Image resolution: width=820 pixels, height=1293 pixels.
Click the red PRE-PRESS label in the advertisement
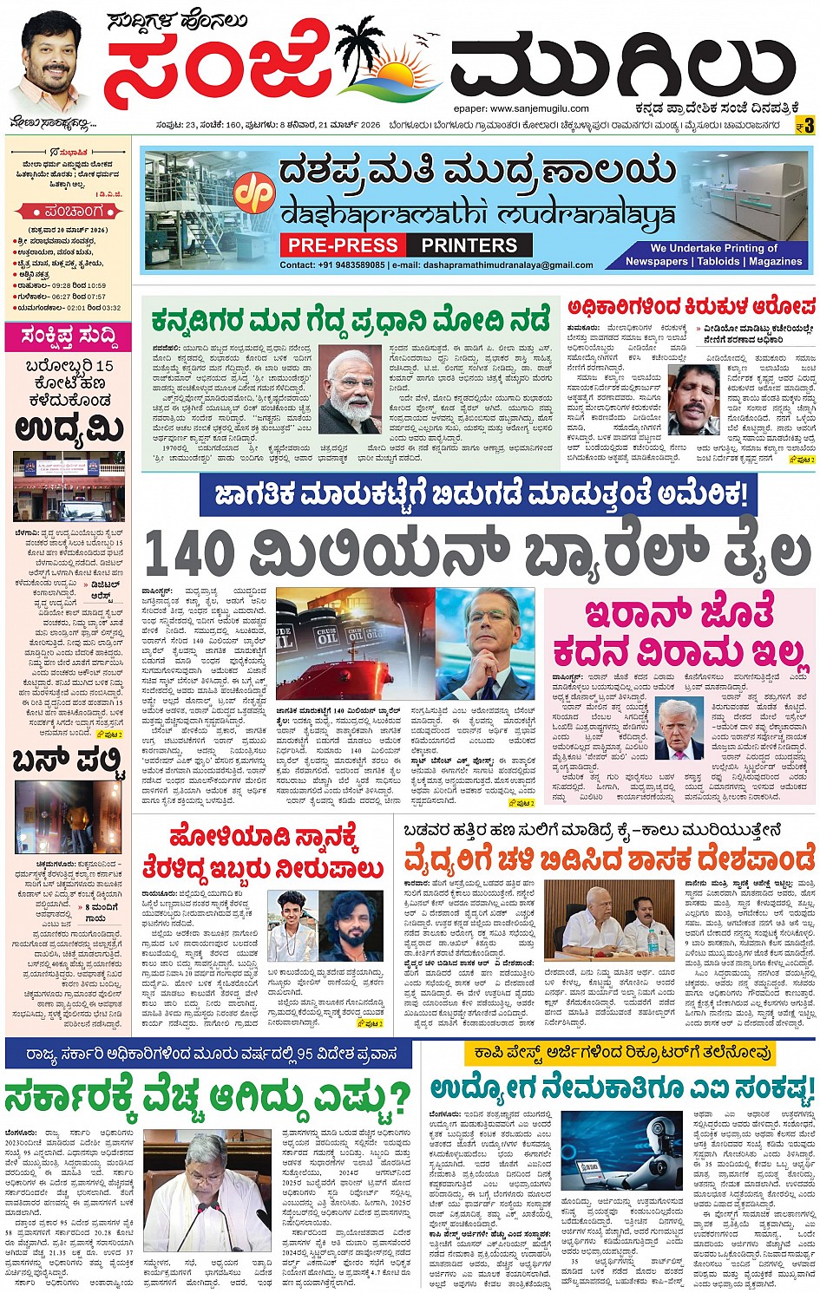pyautogui.click(x=343, y=245)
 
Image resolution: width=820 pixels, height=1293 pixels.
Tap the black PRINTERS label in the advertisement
pyautogui.click(x=469, y=245)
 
